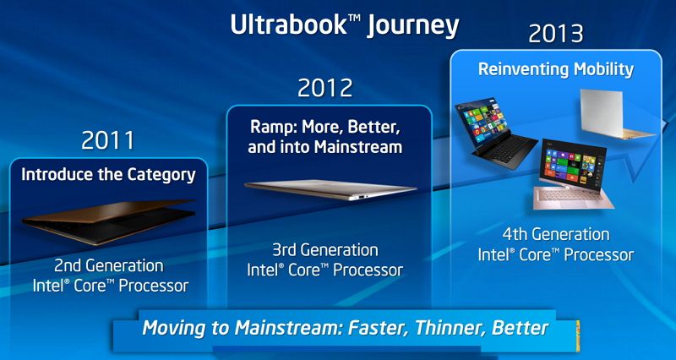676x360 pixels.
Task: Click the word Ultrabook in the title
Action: tap(288, 25)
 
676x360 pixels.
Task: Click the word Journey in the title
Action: tap(412, 27)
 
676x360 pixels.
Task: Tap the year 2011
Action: tap(108, 139)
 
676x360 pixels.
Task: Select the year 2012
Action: tap(325, 88)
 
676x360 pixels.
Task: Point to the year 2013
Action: tap(556, 33)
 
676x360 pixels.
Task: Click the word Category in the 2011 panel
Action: tap(161, 175)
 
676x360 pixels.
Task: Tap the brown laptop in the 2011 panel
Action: tap(109, 221)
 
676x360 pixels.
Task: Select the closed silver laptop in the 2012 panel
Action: tap(330, 189)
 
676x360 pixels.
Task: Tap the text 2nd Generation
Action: tap(109, 265)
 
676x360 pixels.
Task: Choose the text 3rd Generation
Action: tap(324, 250)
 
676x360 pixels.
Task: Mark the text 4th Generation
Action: tap(556, 235)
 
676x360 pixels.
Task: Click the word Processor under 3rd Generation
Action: tap(368, 270)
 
